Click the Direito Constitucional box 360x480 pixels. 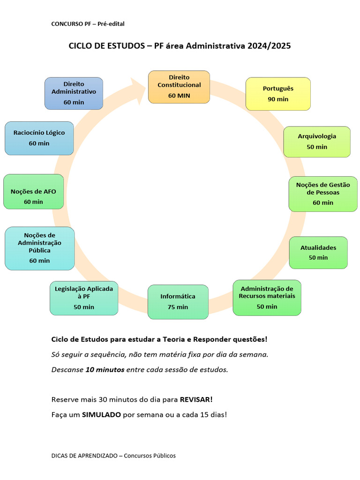point(179,87)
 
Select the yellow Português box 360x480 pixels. point(278,94)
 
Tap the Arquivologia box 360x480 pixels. point(317,142)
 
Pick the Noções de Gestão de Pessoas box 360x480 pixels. point(323,194)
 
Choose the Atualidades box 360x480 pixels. point(318,252)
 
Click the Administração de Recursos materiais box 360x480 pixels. point(267,298)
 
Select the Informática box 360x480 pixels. point(178,301)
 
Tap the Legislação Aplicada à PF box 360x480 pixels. point(84,298)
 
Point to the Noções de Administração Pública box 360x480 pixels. point(39,248)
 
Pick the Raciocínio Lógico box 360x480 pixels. point(39,138)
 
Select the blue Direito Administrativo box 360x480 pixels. point(74,93)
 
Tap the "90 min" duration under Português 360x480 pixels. point(278,99)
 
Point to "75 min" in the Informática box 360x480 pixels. point(178,307)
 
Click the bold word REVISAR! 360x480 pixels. point(196,400)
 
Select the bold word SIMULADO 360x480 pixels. point(101,415)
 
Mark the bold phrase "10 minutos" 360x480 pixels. point(105,369)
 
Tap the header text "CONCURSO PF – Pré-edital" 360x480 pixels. point(88,23)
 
